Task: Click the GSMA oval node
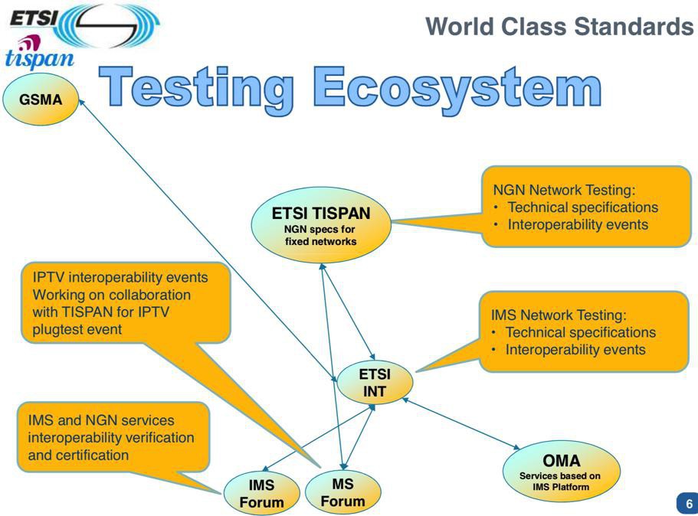coord(41,99)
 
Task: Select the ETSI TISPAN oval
coord(321,225)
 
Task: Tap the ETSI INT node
coord(375,382)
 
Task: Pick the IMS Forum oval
coord(261,493)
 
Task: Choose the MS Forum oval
coord(342,492)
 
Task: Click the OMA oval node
coord(561,471)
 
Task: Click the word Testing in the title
coord(196,88)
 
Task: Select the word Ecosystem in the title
coord(457,88)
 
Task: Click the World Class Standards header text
coord(559,26)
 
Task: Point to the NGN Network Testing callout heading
coord(564,190)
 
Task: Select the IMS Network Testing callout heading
coord(559,315)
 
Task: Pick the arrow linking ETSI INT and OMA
coord(460,423)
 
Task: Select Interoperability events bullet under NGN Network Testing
coord(578,224)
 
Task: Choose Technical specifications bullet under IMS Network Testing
coord(581,332)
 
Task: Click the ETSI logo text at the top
coord(34,18)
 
